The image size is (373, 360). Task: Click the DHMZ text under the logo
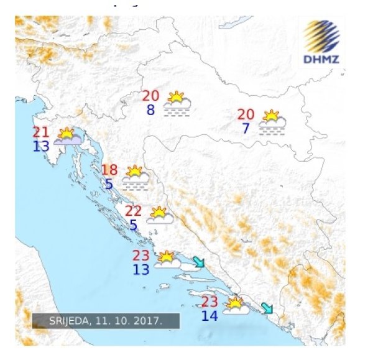(x=321, y=60)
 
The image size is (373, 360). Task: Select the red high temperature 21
(x=42, y=132)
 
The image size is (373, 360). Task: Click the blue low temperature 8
(x=150, y=110)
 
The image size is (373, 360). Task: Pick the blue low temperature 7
(x=246, y=129)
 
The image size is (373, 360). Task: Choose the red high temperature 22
(x=134, y=211)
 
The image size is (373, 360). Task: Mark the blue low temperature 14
(x=210, y=316)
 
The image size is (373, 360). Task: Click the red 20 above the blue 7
(x=246, y=114)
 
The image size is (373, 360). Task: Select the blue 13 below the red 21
(x=42, y=146)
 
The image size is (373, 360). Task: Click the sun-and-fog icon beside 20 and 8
(x=177, y=104)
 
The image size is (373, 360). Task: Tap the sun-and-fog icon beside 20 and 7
(x=272, y=122)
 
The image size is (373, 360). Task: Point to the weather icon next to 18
(x=136, y=177)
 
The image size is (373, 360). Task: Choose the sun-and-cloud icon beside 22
(x=160, y=215)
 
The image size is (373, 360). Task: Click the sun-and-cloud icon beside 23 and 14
(x=236, y=306)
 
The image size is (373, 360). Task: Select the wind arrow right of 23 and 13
(x=198, y=262)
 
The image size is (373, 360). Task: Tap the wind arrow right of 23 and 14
(x=267, y=307)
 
